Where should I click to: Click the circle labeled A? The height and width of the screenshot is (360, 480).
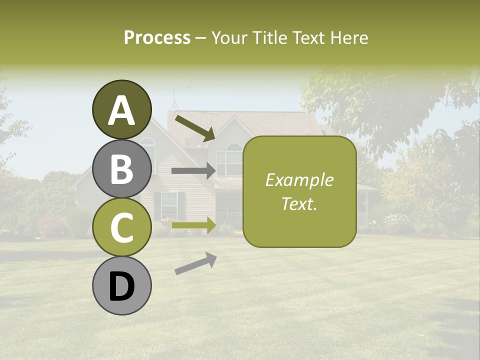click(121, 109)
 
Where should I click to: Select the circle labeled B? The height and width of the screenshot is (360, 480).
click(121, 168)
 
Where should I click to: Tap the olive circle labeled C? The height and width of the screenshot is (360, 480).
click(121, 227)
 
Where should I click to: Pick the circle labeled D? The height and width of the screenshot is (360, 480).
click(121, 285)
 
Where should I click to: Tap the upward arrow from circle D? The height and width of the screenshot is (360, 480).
click(195, 263)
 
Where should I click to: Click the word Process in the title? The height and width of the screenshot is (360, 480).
click(157, 37)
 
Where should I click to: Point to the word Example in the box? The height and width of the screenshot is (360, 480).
click(299, 180)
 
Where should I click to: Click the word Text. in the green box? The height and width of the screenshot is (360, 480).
click(299, 203)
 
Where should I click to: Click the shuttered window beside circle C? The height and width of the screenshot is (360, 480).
click(169, 205)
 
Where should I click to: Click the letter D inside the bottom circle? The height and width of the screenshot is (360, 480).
click(121, 286)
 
